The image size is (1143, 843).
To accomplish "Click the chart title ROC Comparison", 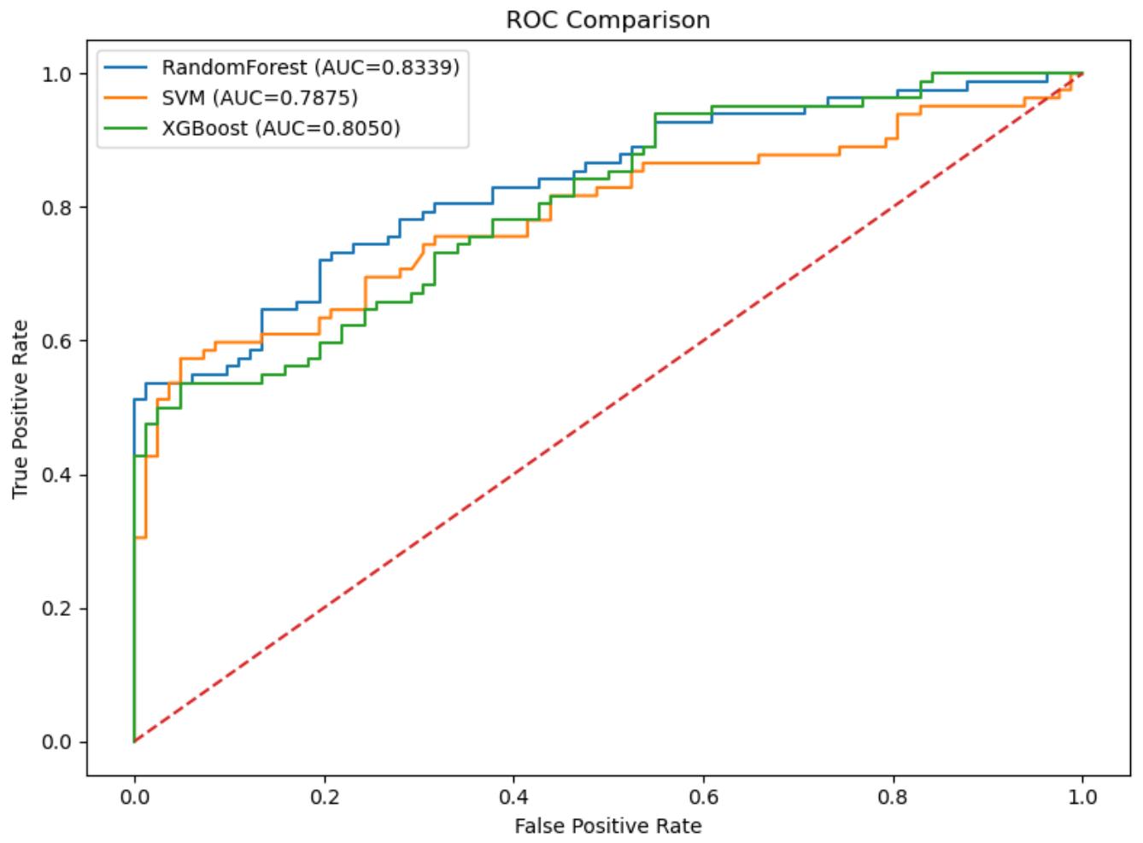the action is (607, 20).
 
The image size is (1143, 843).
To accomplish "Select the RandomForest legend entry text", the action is (311, 67).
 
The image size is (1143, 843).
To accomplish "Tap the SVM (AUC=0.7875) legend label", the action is (260, 97).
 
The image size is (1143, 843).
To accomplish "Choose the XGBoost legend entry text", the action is (281, 128).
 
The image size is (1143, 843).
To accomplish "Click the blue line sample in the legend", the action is (126, 67).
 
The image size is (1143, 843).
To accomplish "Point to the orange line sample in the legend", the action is (126, 97).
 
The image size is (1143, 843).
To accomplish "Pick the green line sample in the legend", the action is (126, 128).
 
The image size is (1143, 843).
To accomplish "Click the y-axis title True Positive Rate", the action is (20, 409).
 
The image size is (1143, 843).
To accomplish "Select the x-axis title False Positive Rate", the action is (607, 826).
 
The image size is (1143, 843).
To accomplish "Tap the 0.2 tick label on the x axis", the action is (325, 797).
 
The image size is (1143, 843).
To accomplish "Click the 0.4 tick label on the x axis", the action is (514, 797).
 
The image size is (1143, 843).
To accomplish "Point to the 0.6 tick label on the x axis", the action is (704, 797).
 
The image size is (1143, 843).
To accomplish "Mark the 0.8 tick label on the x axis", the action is (893, 797).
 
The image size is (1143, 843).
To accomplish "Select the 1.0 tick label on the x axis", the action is (1082, 797).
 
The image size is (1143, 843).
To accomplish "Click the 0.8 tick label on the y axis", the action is (56, 208).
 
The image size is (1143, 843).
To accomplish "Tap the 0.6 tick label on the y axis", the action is (56, 341).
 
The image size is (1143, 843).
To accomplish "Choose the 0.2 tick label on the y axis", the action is (56, 609).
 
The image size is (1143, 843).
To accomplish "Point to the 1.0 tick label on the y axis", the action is (56, 74).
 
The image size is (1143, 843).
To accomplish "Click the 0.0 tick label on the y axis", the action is (56, 742).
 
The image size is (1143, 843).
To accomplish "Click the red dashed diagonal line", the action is (608, 407).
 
